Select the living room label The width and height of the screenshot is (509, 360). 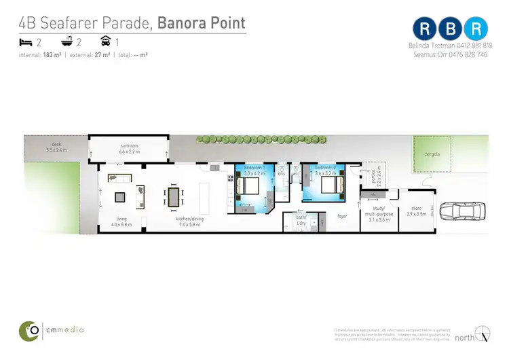[121, 221]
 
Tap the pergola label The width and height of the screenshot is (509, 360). [432, 154]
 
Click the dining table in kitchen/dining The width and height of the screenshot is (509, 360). [175, 197]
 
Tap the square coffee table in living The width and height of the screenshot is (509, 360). [119, 198]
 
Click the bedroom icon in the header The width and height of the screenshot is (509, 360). [26, 42]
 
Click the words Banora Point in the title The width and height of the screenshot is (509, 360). [201, 23]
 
